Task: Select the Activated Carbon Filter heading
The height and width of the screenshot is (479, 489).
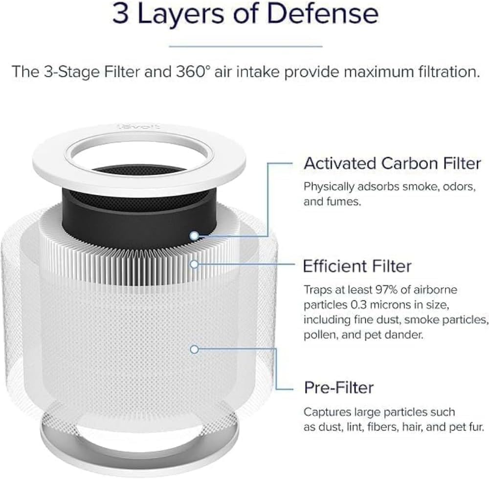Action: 392,163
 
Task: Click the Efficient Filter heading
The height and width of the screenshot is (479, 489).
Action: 357,267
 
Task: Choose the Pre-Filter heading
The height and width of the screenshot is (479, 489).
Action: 339,388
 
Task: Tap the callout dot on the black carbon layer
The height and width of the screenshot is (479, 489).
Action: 195,236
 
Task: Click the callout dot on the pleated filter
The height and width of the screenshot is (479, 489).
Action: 195,264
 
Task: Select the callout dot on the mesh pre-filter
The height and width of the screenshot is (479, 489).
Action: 195,349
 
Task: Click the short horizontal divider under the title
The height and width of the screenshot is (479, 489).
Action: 245,46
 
